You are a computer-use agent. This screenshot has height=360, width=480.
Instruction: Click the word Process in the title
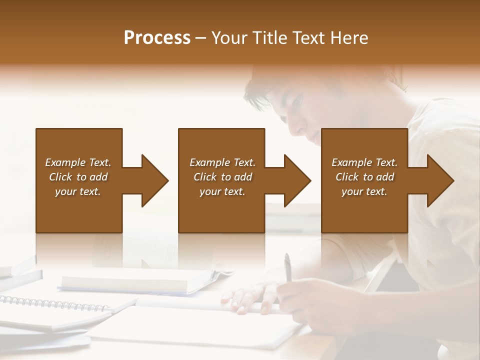click(x=157, y=38)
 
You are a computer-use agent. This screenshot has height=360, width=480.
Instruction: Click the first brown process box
click(x=79, y=210)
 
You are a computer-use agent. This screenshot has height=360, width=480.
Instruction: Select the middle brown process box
click(x=221, y=210)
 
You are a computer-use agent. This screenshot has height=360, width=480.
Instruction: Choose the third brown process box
click(x=364, y=210)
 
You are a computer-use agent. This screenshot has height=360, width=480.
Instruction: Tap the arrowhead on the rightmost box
click(x=439, y=180)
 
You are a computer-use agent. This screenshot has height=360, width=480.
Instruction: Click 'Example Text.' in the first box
click(x=78, y=162)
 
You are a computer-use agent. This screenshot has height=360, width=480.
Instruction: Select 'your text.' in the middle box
click(x=222, y=191)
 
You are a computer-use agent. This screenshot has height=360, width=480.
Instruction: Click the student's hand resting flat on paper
click(x=250, y=297)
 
